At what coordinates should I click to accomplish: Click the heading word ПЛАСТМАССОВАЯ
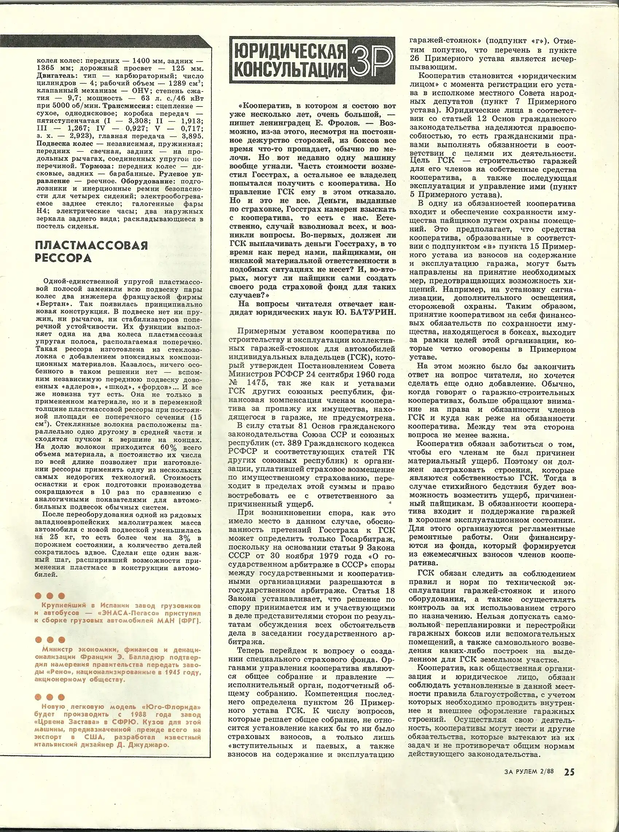[x=92, y=245]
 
